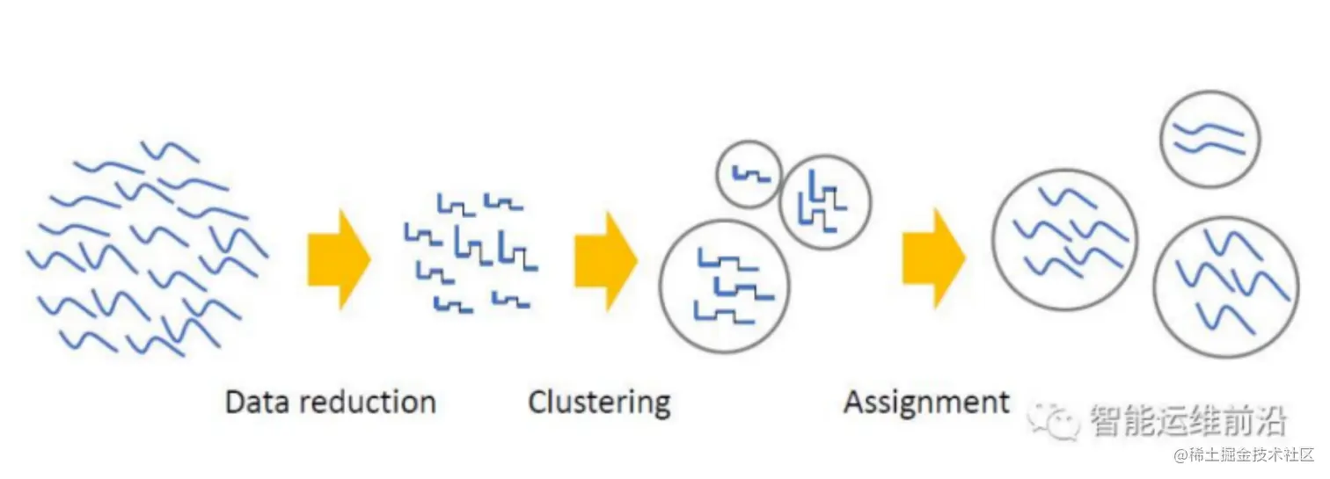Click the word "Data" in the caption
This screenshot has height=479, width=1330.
click(x=256, y=403)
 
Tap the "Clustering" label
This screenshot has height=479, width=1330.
click(x=599, y=403)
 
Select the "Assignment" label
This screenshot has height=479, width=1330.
click(x=926, y=403)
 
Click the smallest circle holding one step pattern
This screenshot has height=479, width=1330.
click(x=749, y=175)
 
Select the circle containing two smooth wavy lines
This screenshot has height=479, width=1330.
click(x=1209, y=139)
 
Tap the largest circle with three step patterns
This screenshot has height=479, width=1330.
click(x=725, y=286)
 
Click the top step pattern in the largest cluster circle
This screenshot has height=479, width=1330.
click(x=727, y=261)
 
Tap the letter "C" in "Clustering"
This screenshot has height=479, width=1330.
click(x=536, y=403)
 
